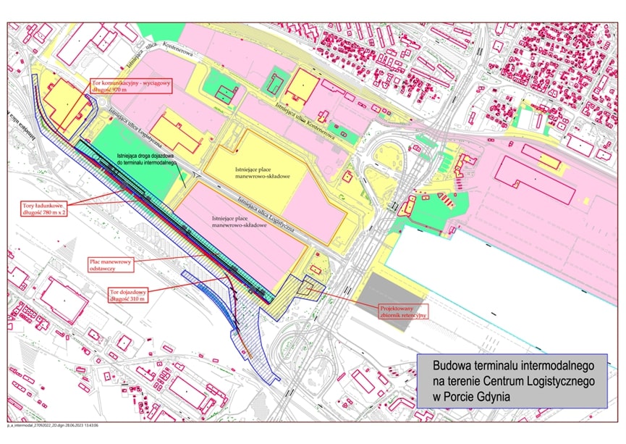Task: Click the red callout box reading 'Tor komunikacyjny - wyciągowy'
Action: click(132, 85)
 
